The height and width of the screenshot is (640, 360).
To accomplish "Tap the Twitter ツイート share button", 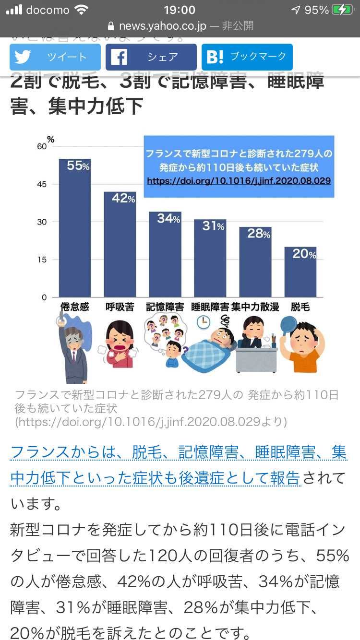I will tap(55, 57).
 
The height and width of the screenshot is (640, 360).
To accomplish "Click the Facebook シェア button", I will tap(151, 57).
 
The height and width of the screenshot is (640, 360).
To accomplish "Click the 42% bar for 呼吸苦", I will tap(120, 245).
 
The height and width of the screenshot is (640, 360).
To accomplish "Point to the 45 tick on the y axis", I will tap(42, 184).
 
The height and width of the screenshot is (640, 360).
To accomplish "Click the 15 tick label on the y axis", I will tap(42, 260).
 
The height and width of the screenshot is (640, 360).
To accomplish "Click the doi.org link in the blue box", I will tap(239, 181).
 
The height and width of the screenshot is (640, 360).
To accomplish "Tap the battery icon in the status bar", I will tap(343, 10).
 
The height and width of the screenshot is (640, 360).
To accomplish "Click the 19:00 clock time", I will tap(180, 10).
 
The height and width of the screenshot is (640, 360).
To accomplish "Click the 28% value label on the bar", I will tap(259, 234).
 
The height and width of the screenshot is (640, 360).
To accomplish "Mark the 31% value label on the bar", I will tap(213, 225).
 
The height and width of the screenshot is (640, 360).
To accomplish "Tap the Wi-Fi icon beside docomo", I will tap(82, 10).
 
